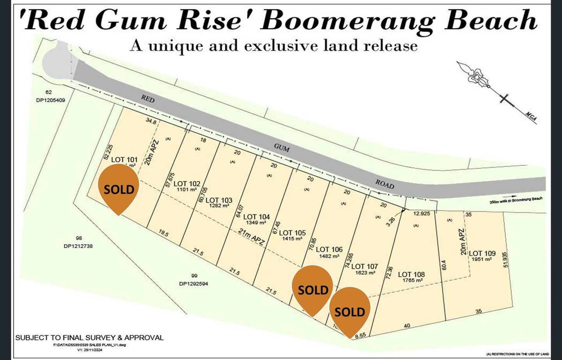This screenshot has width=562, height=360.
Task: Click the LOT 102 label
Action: pyautogui.click(x=187, y=184)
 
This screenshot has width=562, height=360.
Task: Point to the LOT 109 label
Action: pyautogui.click(x=482, y=253)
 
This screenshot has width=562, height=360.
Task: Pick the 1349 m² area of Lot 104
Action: pyautogui.click(x=256, y=223)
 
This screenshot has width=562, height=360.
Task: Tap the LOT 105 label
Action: pyautogui.click(x=292, y=233)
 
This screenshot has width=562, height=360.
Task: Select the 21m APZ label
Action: pyautogui.click(x=252, y=237)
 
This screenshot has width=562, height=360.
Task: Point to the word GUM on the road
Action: pyautogui.click(x=281, y=148)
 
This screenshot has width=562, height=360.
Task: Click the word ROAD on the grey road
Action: pyautogui.click(x=385, y=184)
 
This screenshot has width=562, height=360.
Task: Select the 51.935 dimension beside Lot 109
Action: pyautogui.click(x=506, y=259)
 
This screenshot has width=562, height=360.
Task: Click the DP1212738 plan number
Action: pyautogui.click(x=78, y=246)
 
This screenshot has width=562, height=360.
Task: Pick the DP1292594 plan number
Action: pyautogui.click(x=194, y=284)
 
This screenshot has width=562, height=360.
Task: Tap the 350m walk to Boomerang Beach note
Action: pyautogui.click(x=516, y=200)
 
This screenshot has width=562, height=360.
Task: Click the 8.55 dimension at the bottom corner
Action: pyautogui.click(x=360, y=335)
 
